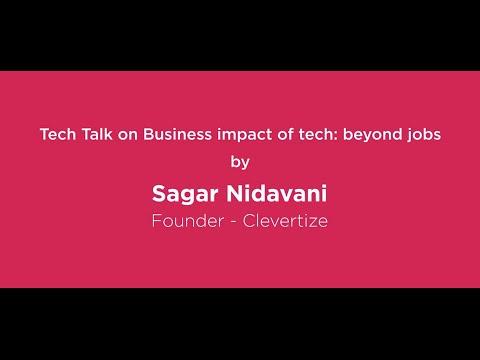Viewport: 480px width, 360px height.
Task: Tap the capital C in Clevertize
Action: (x=251, y=217)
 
